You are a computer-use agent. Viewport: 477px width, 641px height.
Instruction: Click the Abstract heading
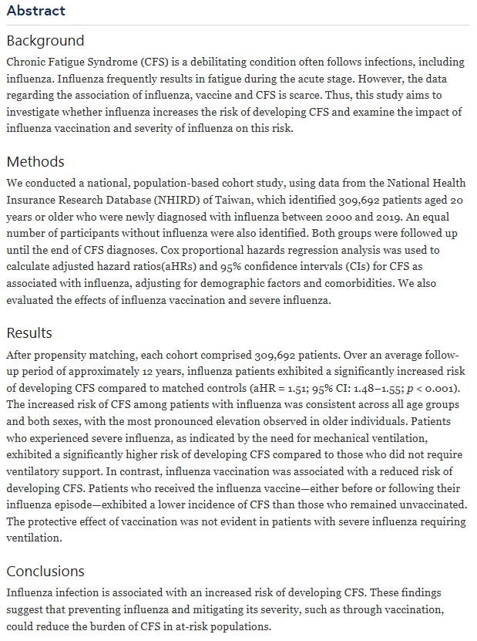pos(35,11)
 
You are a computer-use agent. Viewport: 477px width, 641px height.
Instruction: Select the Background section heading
pos(45,41)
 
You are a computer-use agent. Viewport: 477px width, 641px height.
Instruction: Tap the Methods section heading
pos(35,162)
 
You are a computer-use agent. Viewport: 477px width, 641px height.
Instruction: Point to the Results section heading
pos(29,333)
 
